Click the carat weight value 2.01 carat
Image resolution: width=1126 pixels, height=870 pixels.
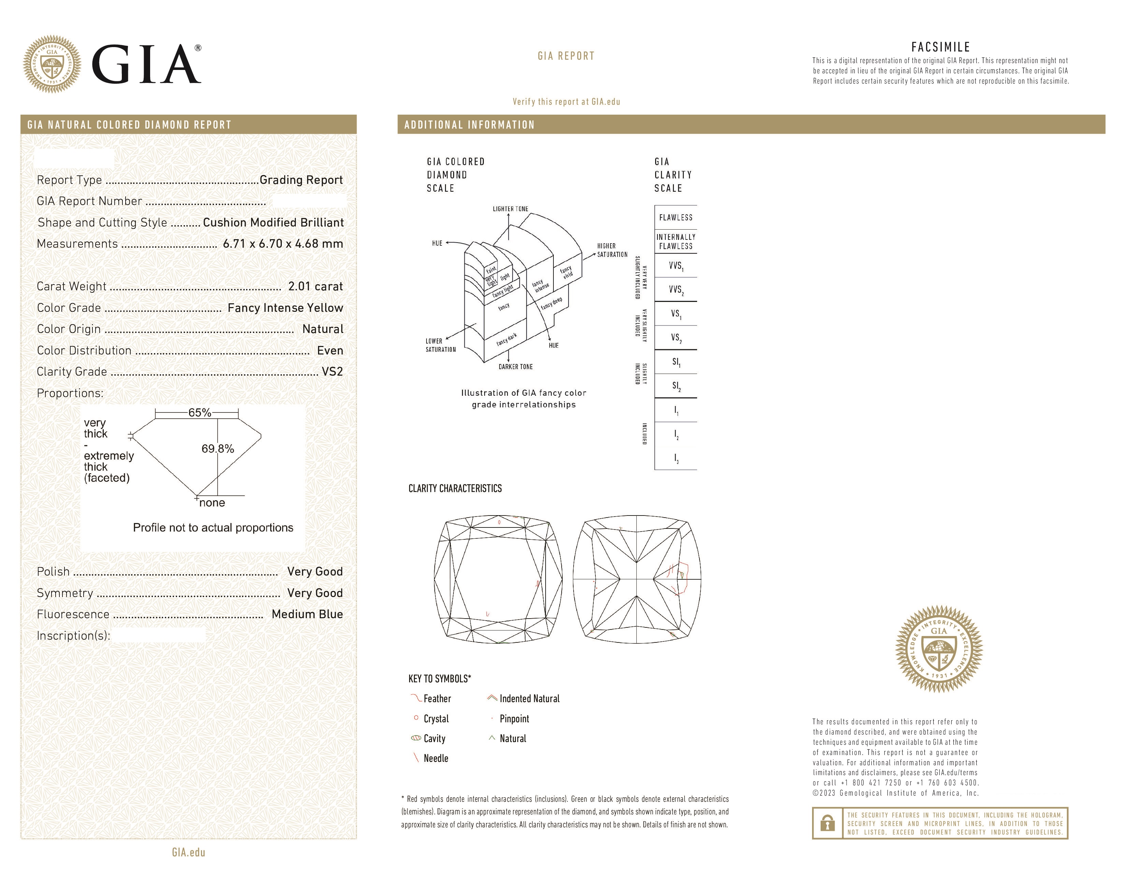click(315, 287)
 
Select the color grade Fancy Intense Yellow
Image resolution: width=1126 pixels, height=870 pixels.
click(285, 308)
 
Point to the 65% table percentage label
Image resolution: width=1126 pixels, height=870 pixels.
click(200, 412)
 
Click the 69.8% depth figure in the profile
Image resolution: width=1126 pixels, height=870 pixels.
click(218, 449)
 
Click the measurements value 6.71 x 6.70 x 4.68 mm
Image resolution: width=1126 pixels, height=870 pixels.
click(283, 244)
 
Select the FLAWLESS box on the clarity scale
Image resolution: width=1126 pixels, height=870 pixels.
click(675, 218)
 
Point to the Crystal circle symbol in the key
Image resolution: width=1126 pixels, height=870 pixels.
click(416, 718)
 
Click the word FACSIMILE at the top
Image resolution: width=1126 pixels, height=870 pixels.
click(940, 47)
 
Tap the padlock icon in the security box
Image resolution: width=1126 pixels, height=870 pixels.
click(827, 823)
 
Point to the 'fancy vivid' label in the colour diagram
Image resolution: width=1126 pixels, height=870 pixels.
click(566, 272)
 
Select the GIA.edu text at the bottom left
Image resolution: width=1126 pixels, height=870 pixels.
click(188, 853)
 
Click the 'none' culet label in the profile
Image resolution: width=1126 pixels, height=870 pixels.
click(212, 503)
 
